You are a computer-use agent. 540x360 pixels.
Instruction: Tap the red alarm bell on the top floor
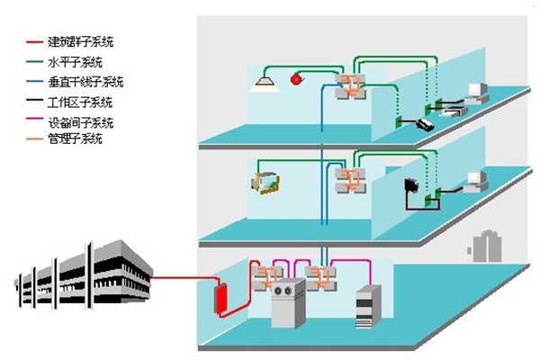pyautogui.click(x=296, y=81)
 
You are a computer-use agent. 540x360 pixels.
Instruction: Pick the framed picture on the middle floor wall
pyautogui.click(x=265, y=183)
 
